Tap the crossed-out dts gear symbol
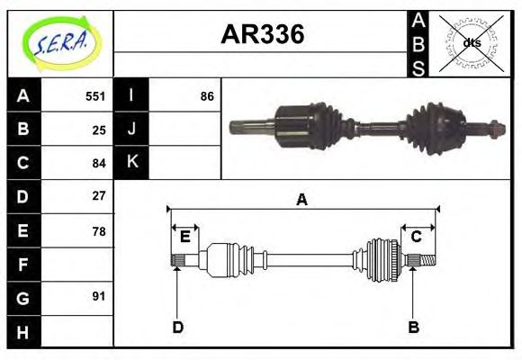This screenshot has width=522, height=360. [x=470, y=43]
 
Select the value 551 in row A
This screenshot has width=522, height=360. [x=95, y=96]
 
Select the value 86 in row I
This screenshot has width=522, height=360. [x=207, y=96]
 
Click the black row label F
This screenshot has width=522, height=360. [x=23, y=265]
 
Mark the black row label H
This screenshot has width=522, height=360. [x=23, y=332]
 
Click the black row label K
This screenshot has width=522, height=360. [x=132, y=162]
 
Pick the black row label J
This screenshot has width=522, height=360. [x=132, y=129]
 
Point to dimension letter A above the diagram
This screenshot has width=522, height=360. [x=302, y=200]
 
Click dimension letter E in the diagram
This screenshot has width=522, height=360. [x=184, y=238]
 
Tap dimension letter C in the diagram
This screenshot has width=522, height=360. [x=417, y=238]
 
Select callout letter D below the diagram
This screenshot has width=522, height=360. [x=177, y=328]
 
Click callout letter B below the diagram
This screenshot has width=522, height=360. [x=413, y=328]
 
